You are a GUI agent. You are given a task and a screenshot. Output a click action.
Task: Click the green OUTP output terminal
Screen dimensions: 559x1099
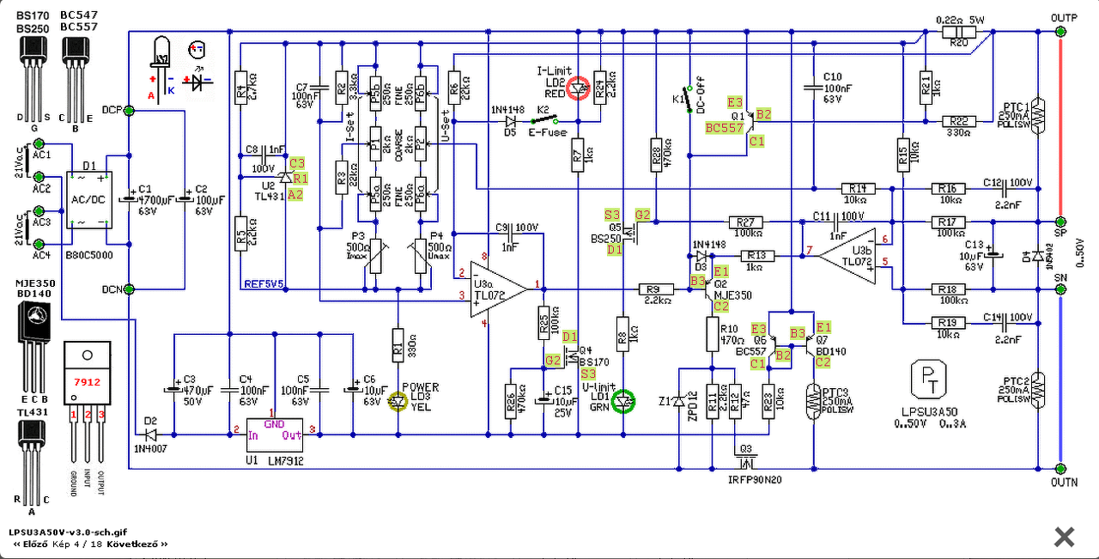click(1060, 31)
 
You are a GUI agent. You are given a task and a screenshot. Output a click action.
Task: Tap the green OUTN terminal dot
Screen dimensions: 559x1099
click(1060, 470)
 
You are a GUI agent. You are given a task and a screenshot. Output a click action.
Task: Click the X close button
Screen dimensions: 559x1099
click(1064, 538)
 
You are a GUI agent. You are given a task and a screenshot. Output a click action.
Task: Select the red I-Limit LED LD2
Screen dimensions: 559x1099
click(580, 88)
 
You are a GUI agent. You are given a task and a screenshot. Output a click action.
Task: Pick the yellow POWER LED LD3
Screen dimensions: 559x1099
click(397, 400)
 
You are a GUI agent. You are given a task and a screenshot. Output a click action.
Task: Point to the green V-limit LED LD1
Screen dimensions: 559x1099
click(625, 401)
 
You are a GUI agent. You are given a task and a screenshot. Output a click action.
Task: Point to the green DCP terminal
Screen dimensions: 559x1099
click(129, 110)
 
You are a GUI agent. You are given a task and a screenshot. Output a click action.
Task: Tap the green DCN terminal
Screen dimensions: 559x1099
click(129, 289)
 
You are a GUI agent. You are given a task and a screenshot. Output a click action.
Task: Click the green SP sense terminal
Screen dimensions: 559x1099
click(1060, 222)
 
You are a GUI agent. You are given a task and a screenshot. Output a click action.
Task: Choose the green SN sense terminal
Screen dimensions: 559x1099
click(1060, 289)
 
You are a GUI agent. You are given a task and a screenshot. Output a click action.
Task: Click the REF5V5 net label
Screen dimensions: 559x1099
click(263, 282)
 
